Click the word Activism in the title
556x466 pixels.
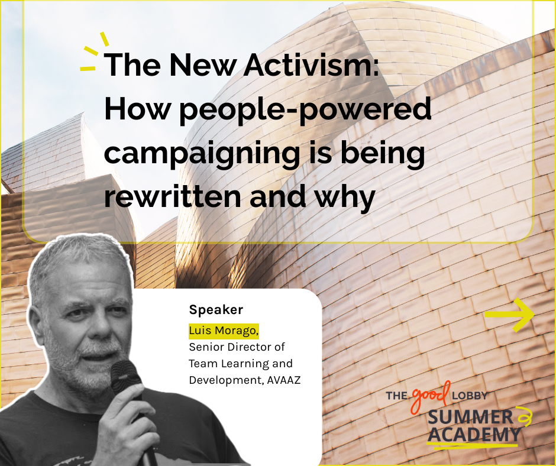[x=311, y=64]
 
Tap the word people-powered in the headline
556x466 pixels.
[x=306, y=111]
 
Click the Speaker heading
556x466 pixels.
[x=216, y=310]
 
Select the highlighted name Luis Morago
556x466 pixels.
[x=224, y=331]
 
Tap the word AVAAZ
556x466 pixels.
[x=284, y=380]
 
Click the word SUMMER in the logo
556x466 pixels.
[x=471, y=418]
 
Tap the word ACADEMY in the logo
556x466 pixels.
[x=474, y=435]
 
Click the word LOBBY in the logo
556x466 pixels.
[x=470, y=396]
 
